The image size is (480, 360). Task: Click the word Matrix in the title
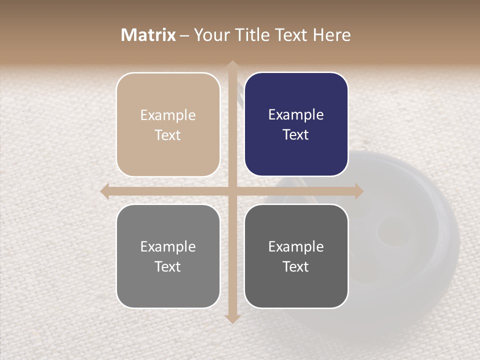pos(148,35)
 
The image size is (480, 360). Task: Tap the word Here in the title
pos(331,35)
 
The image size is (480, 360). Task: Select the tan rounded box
pos(168,124)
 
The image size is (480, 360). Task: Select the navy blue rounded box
pos(296,124)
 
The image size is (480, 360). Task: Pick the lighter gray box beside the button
pos(168,256)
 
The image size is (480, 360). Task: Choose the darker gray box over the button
pos(296,256)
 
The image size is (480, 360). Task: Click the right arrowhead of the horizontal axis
pos(359,191)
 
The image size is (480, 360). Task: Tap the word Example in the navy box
pos(296,114)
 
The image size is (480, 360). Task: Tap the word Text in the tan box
pos(168,135)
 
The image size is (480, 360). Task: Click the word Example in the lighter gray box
pos(168,246)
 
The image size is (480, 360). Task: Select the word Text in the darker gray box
pos(296,266)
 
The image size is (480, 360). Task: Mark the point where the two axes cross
pos(232,191)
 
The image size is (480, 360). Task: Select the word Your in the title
pos(210,35)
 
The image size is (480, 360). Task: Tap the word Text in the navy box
pos(296,135)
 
